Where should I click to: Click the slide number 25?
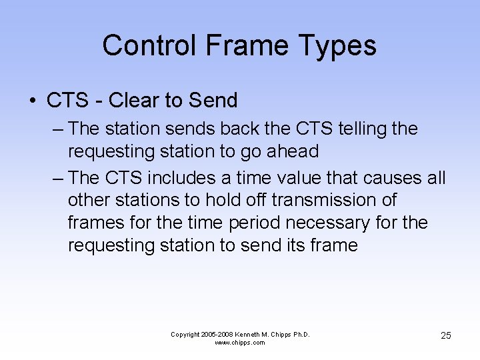click(x=445, y=335)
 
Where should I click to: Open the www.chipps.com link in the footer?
click(x=240, y=343)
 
